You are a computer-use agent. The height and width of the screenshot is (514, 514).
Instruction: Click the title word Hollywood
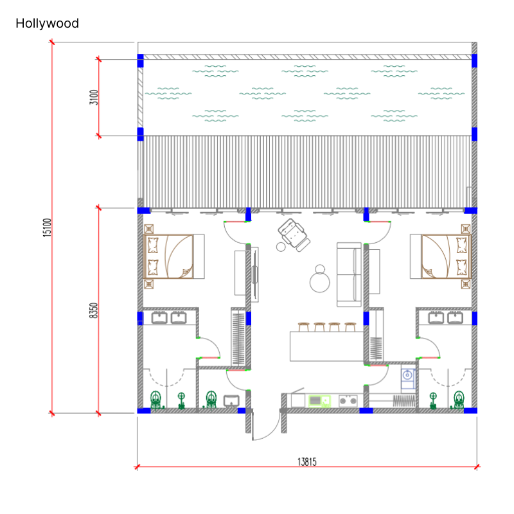point(47,23)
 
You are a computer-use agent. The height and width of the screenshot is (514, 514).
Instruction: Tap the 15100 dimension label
point(47,227)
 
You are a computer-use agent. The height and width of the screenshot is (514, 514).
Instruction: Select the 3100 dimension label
point(94,98)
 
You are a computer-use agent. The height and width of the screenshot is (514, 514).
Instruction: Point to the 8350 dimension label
point(93,310)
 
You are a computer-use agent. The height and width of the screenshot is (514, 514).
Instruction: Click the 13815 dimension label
point(307,462)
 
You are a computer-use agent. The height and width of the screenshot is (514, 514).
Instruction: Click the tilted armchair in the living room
point(294,235)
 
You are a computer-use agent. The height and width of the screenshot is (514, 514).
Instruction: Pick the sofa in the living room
point(349,275)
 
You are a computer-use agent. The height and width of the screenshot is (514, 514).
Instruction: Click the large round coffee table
point(319,283)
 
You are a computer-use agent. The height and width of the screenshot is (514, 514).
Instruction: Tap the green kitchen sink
point(319,401)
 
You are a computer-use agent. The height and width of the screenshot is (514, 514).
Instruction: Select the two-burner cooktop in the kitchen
point(348,400)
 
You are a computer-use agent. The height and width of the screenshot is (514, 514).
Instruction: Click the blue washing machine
point(408,378)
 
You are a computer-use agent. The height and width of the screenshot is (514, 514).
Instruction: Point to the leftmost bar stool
point(303,327)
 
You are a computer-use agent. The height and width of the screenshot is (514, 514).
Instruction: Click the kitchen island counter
point(327,346)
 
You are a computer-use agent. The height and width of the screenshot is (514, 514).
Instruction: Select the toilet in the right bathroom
point(459,400)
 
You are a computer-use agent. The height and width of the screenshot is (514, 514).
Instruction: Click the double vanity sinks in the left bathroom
point(169,318)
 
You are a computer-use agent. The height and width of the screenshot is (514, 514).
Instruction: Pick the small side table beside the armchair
point(281,247)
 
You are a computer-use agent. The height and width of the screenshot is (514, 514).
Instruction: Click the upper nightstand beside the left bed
point(149,229)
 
